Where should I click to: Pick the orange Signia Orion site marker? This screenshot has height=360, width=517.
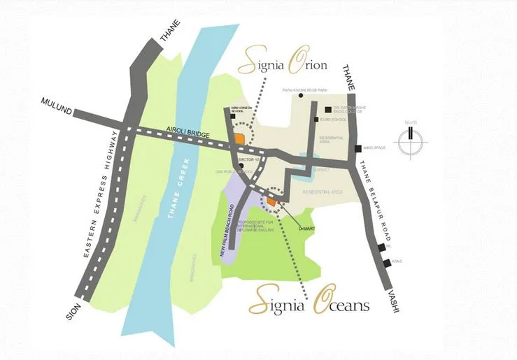click(239, 138)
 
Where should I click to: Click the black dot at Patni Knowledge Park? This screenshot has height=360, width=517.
click(301, 96)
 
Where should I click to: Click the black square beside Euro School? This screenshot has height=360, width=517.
click(327, 120)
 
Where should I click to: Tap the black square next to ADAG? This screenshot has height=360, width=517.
click(386, 262)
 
